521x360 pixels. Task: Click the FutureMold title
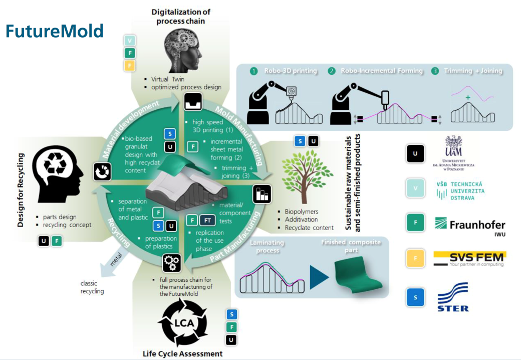pyautogui.click(x=55, y=31)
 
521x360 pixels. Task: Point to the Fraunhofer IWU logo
pyautogui.click(x=469, y=225)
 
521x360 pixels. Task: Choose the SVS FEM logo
pyautogui.click(x=469, y=258)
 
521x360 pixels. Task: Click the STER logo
pyautogui.click(x=453, y=297)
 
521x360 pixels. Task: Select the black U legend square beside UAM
pyautogui.click(x=415, y=153)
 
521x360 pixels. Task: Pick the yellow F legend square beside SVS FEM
pyautogui.click(x=415, y=258)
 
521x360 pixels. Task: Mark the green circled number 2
pyautogui.click(x=331, y=71)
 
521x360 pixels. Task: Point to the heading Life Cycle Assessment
pyautogui.click(x=183, y=353)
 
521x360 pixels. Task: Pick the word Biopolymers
pyautogui.click(x=302, y=212)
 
